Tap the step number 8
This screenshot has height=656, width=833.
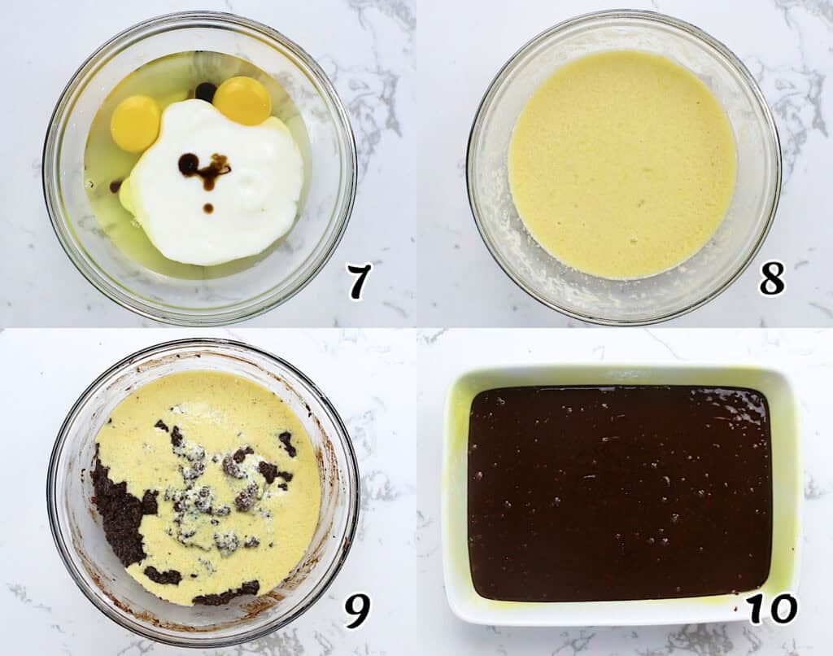click(772, 278)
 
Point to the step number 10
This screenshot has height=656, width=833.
click(773, 608)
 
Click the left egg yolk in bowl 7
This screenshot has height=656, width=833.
click(136, 124)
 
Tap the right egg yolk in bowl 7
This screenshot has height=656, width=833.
click(242, 100)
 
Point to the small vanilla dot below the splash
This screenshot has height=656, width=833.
click(208, 208)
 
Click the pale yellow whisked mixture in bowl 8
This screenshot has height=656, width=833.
click(622, 164)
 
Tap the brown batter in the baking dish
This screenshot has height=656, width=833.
click(620, 493)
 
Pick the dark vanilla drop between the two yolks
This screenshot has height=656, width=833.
click(206, 92)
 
